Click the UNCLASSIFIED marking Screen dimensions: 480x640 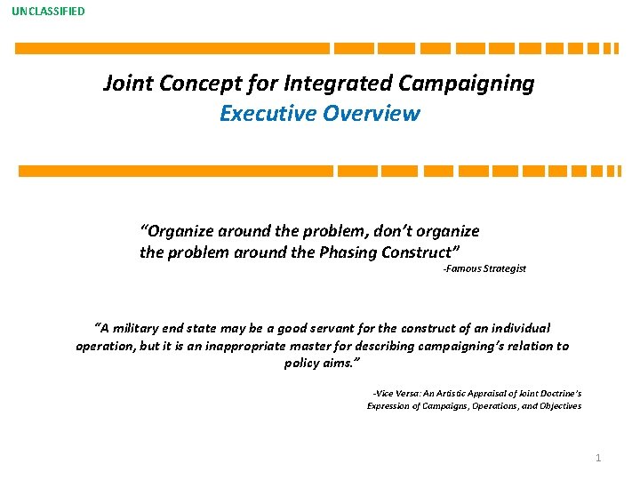point(49,12)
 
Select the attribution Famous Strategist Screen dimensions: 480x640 point(484,268)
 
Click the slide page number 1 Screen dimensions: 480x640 point(598,458)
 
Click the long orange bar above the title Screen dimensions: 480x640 point(172,49)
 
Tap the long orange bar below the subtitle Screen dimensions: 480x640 point(176,171)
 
